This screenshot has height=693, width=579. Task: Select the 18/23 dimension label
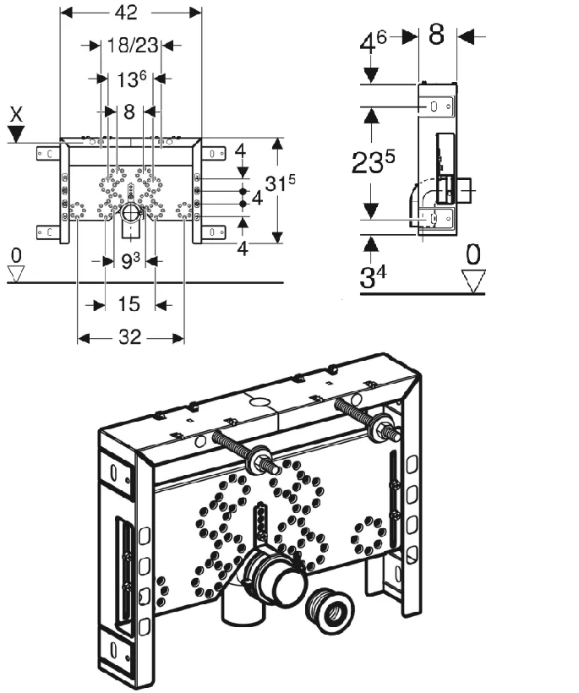(131, 44)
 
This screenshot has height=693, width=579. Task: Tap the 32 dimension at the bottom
(130, 338)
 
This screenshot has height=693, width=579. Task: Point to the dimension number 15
(129, 303)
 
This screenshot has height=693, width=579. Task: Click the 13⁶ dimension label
(132, 79)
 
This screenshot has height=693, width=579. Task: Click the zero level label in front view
(16, 254)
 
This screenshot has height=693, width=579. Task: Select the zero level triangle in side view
(473, 279)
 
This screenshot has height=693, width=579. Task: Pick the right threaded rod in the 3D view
(369, 418)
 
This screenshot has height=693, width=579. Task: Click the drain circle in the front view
(131, 212)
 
